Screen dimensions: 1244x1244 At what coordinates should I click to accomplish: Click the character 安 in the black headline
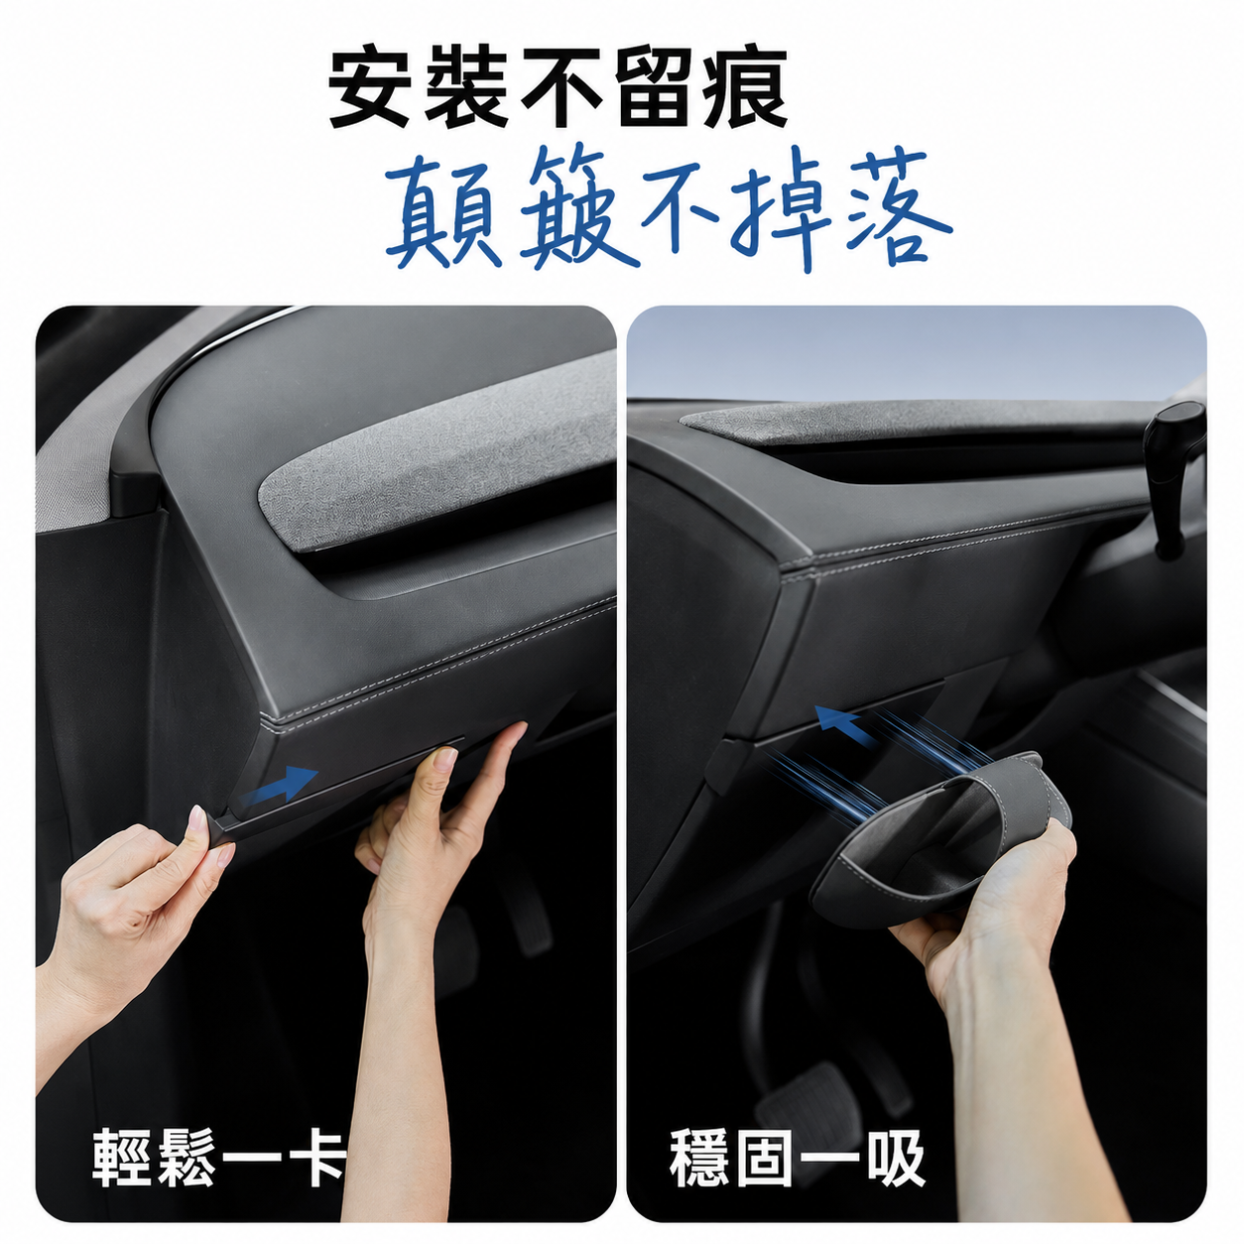tap(371, 85)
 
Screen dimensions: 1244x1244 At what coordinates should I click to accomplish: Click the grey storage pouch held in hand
tap(930, 840)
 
